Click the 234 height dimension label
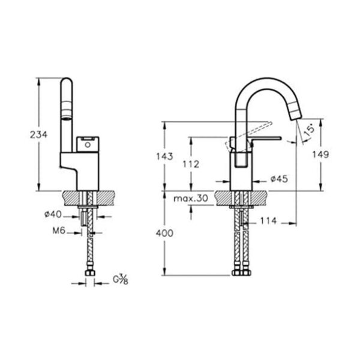[38, 136]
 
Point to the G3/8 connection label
[120, 280]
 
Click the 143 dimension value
[163, 157]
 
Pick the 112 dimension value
[191, 164]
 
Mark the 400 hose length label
[163, 233]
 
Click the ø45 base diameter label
[279, 178]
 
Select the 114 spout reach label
[268, 221]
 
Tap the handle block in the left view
[87, 144]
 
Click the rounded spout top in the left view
[67, 84]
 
